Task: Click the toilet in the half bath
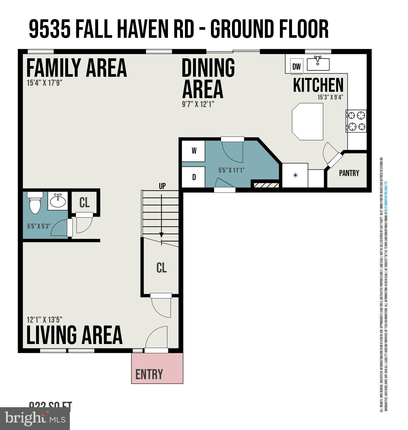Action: click(x=35, y=203)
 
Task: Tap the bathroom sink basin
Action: click(x=58, y=201)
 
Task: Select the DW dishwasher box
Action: click(x=296, y=67)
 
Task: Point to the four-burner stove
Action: click(x=356, y=121)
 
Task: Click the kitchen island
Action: click(x=308, y=121)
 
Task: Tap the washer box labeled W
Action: click(x=194, y=151)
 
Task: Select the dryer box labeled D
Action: click(x=194, y=177)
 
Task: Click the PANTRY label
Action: click(x=349, y=173)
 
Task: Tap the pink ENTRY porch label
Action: click(x=149, y=374)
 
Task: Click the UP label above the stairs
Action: click(x=162, y=186)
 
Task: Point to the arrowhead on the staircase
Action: click(x=161, y=235)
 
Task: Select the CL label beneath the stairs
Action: click(x=161, y=268)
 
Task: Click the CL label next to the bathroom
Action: click(x=84, y=203)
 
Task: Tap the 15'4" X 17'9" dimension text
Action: click(x=44, y=83)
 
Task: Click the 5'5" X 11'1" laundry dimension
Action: click(x=231, y=170)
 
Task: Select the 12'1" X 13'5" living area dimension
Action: click(x=44, y=320)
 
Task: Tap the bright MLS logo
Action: click(x=35, y=418)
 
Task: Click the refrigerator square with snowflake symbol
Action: click(x=295, y=175)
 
